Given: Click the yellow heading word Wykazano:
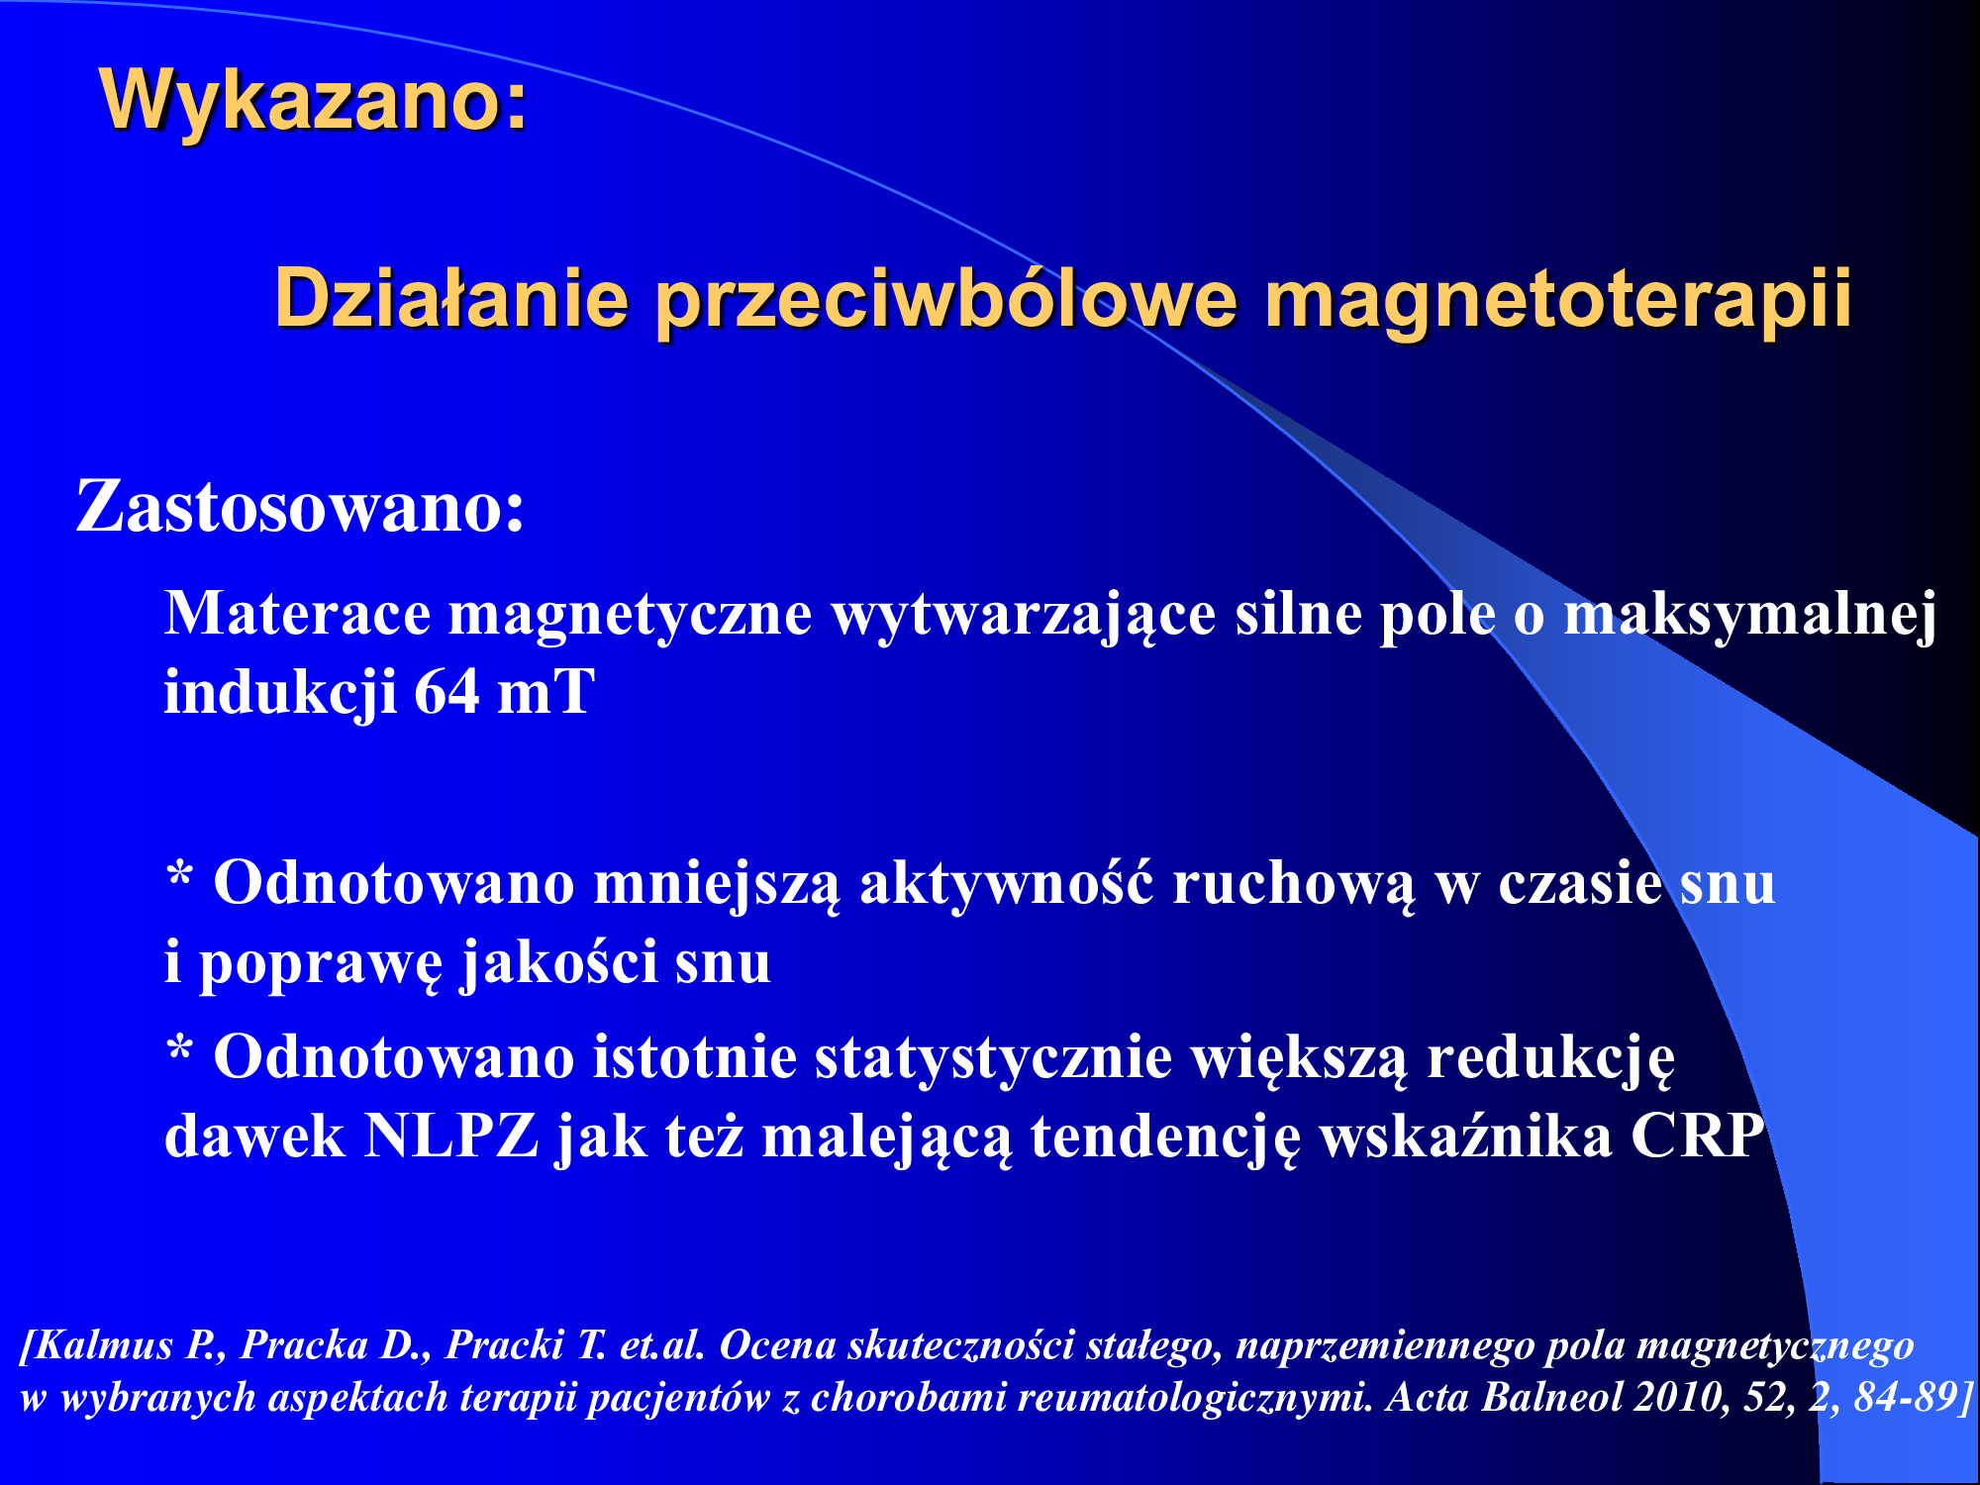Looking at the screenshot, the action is (314, 100).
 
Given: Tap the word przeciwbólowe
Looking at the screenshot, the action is (946, 300).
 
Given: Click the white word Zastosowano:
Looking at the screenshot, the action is (300, 507).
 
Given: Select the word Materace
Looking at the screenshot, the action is (297, 613).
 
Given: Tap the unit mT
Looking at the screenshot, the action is (545, 692).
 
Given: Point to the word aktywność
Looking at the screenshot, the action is (1006, 880).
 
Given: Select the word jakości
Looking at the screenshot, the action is (559, 960).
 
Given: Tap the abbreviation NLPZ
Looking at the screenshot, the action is (451, 1136).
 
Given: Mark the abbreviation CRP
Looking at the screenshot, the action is (1697, 1136).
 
